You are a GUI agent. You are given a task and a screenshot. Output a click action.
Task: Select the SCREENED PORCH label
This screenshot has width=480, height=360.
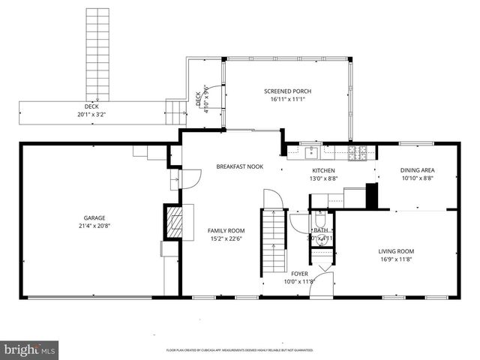click(x=287, y=91)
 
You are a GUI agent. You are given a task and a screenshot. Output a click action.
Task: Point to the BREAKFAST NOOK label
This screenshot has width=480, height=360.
click(x=239, y=166)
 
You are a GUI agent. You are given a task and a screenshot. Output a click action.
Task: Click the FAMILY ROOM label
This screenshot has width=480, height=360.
click(x=226, y=230)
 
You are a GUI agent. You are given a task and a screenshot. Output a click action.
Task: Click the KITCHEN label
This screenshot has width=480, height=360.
click(x=323, y=170)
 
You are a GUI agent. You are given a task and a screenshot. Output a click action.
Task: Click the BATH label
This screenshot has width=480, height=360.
click(x=320, y=230)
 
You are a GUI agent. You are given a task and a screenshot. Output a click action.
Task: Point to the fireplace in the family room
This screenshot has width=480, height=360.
click(x=173, y=222)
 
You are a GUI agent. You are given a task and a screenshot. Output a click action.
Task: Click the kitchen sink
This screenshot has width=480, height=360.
click(x=311, y=153)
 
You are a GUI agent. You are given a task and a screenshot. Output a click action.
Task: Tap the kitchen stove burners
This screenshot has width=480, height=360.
click(x=358, y=153)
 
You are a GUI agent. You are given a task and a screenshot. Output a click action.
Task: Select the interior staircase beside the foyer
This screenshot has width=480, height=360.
click(x=274, y=241)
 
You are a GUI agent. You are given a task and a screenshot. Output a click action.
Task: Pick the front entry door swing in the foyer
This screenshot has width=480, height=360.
click(x=323, y=284)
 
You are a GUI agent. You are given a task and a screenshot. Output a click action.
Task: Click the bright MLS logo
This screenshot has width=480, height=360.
click(x=29, y=349)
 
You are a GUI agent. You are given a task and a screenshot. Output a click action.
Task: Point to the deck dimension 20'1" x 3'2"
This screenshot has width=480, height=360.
click(x=91, y=115)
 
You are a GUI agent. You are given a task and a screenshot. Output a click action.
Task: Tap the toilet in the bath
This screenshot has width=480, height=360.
click(x=320, y=239)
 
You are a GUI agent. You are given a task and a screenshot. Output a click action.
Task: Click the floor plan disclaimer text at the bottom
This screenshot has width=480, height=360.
click(x=239, y=350)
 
